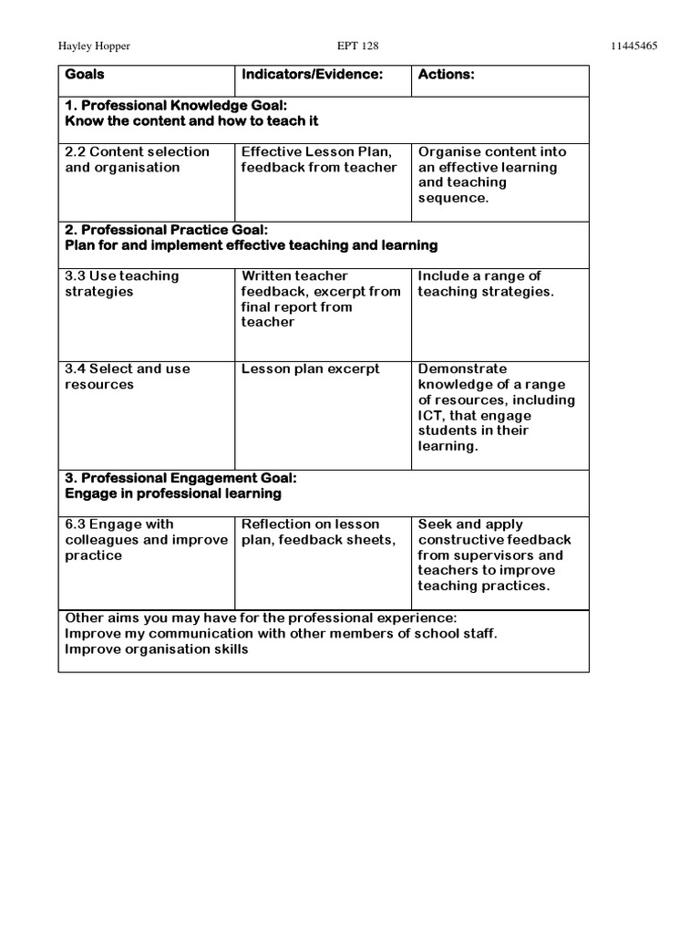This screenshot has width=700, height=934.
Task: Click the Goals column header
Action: click(85, 75)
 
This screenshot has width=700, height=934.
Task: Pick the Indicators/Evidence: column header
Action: click(311, 75)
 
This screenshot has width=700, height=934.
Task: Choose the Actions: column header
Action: click(446, 75)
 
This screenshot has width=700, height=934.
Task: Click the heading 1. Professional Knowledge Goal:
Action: click(176, 106)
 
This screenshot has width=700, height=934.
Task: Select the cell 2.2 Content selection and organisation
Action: click(137, 160)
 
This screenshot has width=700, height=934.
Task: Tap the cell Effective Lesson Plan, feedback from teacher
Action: click(319, 160)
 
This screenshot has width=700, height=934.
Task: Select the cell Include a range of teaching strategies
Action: click(485, 284)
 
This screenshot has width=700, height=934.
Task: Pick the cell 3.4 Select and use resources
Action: click(128, 377)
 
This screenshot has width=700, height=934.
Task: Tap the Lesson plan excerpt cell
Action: click(311, 369)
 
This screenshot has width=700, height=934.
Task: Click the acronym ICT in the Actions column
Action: click(430, 416)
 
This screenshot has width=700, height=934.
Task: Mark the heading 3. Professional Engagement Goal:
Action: click(180, 478)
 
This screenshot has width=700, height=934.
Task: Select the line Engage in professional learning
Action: click(173, 493)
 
